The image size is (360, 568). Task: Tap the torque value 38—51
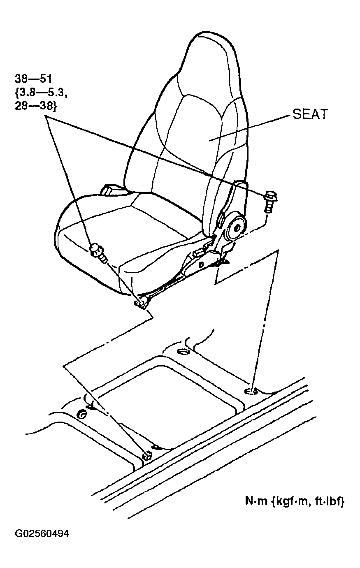click(x=33, y=79)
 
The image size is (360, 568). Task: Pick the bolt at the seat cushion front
click(x=99, y=253)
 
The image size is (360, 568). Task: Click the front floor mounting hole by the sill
click(x=147, y=456)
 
